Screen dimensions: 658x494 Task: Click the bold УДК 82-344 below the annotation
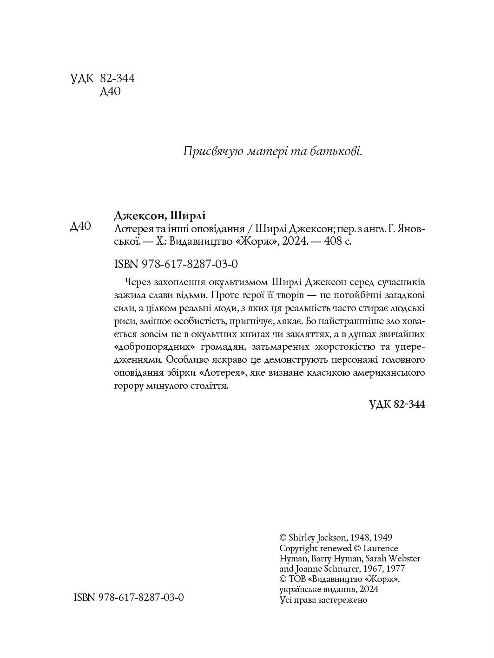pyautogui.click(x=397, y=404)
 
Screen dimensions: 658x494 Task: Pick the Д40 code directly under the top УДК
pyautogui.click(x=110, y=92)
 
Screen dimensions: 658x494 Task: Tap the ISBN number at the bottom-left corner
pyautogui.click(x=129, y=597)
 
